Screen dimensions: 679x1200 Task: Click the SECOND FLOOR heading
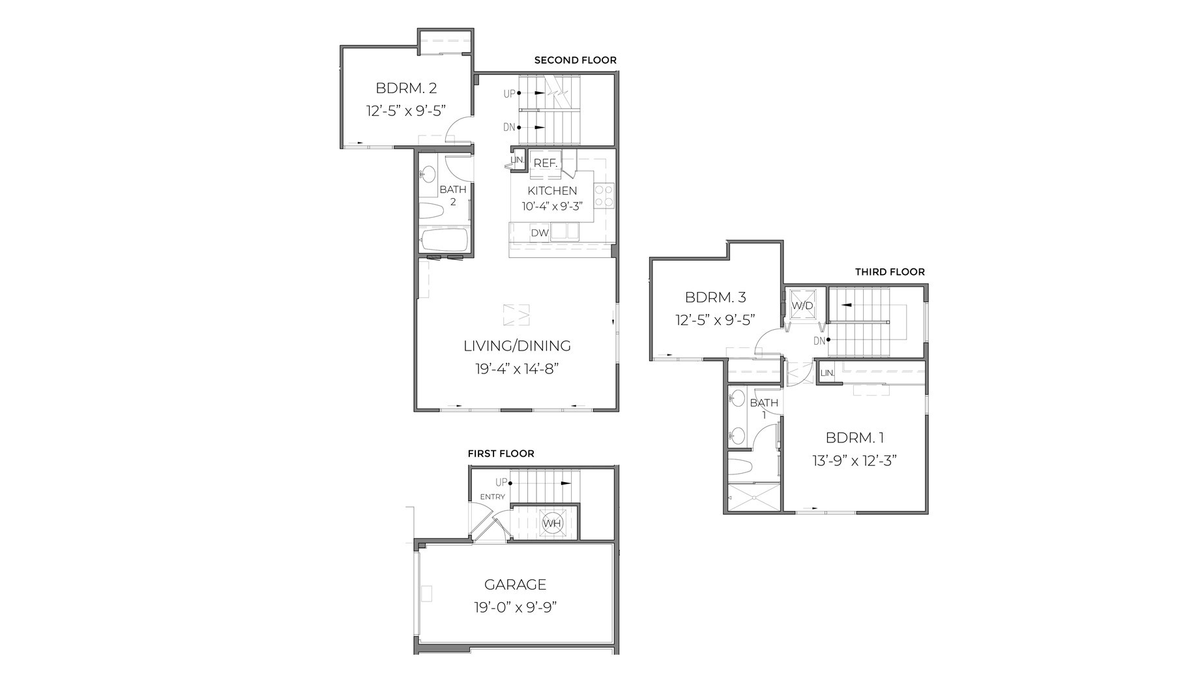pyautogui.click(x=575, y=61)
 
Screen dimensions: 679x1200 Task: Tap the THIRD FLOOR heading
pyautogui.click(x=890, y=272)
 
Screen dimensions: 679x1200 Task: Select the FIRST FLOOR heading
pyautogui.click(x=501, y=454)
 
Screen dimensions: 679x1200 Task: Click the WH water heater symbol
pyautogui.click(x=551, y=523)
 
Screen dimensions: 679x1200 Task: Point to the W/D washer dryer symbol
pyautogui.click(x=802, y=306)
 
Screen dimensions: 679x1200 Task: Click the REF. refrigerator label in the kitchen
pyautogui.click(x=546, y=163)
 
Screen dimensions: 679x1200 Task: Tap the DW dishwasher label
pyautogui.click(x=539, y=233)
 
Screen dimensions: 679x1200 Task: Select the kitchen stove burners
pyautogui.click(x=604, y=196)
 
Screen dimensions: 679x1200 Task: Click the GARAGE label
pyautogui.click(x=515, y=585)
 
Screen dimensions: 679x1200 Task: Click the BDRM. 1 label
pyautogui.click(x=855, y=438)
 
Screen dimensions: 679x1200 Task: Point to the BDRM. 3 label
pyautogui.click(x=715, y=298)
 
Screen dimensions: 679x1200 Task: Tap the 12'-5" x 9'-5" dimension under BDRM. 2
pyautogui.click(x=405, y=111)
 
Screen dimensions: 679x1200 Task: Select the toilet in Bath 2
pyautogui.click(x=431, y=210)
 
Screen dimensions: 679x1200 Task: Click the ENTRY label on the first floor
pyautogui.click(x=492, y=497)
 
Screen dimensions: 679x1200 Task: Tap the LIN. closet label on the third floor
pyautogui.click(x=827, y=373)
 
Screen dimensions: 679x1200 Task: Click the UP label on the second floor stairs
pyautogui.click(x=509, y=94)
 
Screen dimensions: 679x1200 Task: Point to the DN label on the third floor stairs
pyautogui.click(x=819, y=341)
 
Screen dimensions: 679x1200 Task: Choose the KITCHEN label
pyautogui.click(x=552, y=191)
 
